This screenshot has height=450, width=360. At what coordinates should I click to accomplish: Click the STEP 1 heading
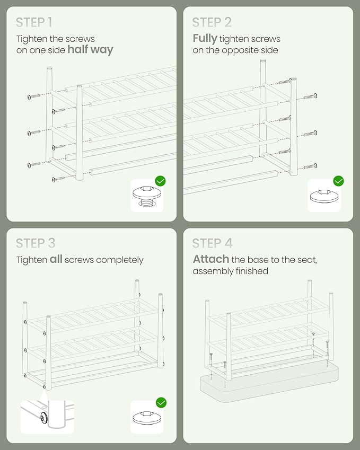34,22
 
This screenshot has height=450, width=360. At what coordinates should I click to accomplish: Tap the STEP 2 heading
212,22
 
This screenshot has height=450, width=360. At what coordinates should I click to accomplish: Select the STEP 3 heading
36,243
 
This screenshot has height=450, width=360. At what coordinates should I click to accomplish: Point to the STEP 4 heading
212,243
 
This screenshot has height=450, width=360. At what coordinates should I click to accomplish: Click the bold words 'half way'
91,50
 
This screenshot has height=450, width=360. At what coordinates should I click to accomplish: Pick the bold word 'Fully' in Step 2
205,39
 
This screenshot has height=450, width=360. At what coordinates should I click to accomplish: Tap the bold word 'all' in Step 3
56,259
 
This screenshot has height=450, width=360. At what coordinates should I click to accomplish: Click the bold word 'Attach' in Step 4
210,259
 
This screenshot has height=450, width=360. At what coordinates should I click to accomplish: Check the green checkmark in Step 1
160,181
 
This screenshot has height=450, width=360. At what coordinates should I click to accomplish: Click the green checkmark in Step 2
338,181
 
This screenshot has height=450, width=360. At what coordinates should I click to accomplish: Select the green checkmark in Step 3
161,403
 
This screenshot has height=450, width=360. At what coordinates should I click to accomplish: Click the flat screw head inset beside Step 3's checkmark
147,418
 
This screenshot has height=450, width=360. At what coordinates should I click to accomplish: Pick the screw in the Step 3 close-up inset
44,418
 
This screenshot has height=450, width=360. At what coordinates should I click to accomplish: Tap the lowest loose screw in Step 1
58,179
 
